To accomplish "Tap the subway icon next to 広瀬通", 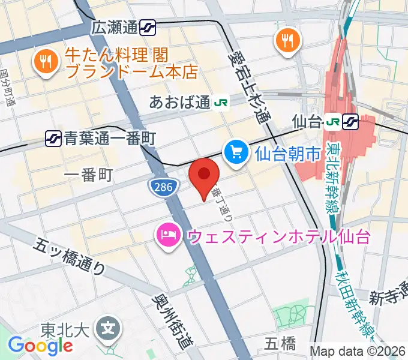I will [148, 27].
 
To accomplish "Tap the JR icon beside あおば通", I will [220, 103].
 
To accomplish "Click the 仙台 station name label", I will [307, 121].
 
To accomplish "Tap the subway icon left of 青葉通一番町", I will [53, 139].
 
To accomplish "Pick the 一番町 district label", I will [88, 175].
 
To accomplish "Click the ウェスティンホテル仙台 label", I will [278, 236].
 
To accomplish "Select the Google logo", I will [40, 345].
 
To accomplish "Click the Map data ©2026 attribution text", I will [358, 351].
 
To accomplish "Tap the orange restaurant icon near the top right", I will [289, 40].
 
